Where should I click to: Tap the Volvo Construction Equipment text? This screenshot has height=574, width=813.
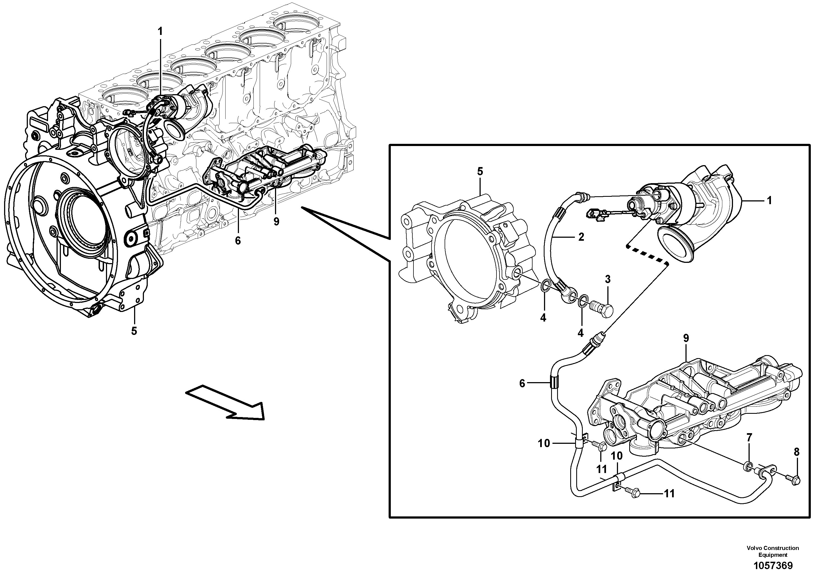[773, 551]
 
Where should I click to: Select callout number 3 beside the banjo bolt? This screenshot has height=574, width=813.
[608, 279]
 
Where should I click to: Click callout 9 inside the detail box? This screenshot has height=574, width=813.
[686, 338]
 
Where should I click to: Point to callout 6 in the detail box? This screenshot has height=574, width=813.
[522, 383]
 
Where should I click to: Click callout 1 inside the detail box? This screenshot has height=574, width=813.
[769, 201]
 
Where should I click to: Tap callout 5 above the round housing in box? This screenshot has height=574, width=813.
[480, 171]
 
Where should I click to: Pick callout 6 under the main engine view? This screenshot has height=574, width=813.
[238, 241]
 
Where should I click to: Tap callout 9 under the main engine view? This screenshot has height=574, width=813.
[276, 222]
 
